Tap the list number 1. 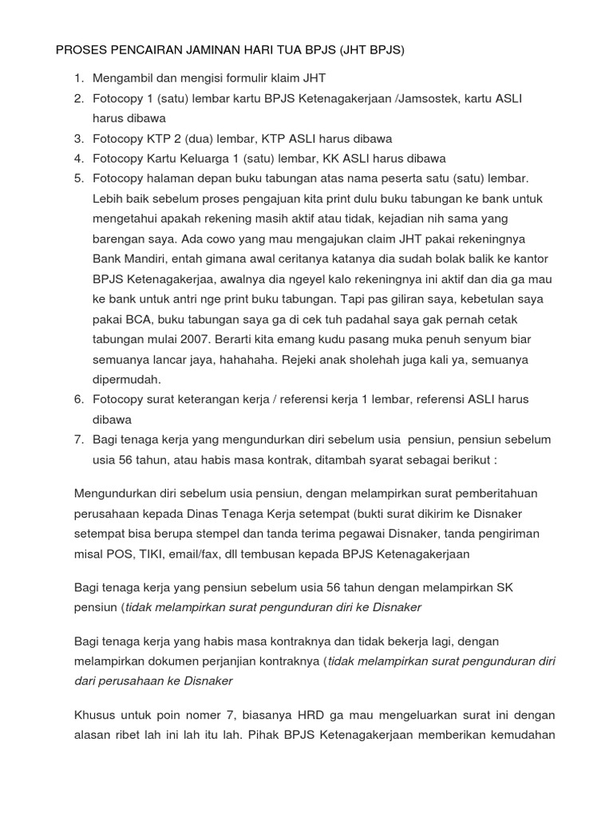[x=77, y=77]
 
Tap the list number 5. [x=77, y=178]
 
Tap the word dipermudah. [x=127, y=379]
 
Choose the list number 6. [x=77, y=399]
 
